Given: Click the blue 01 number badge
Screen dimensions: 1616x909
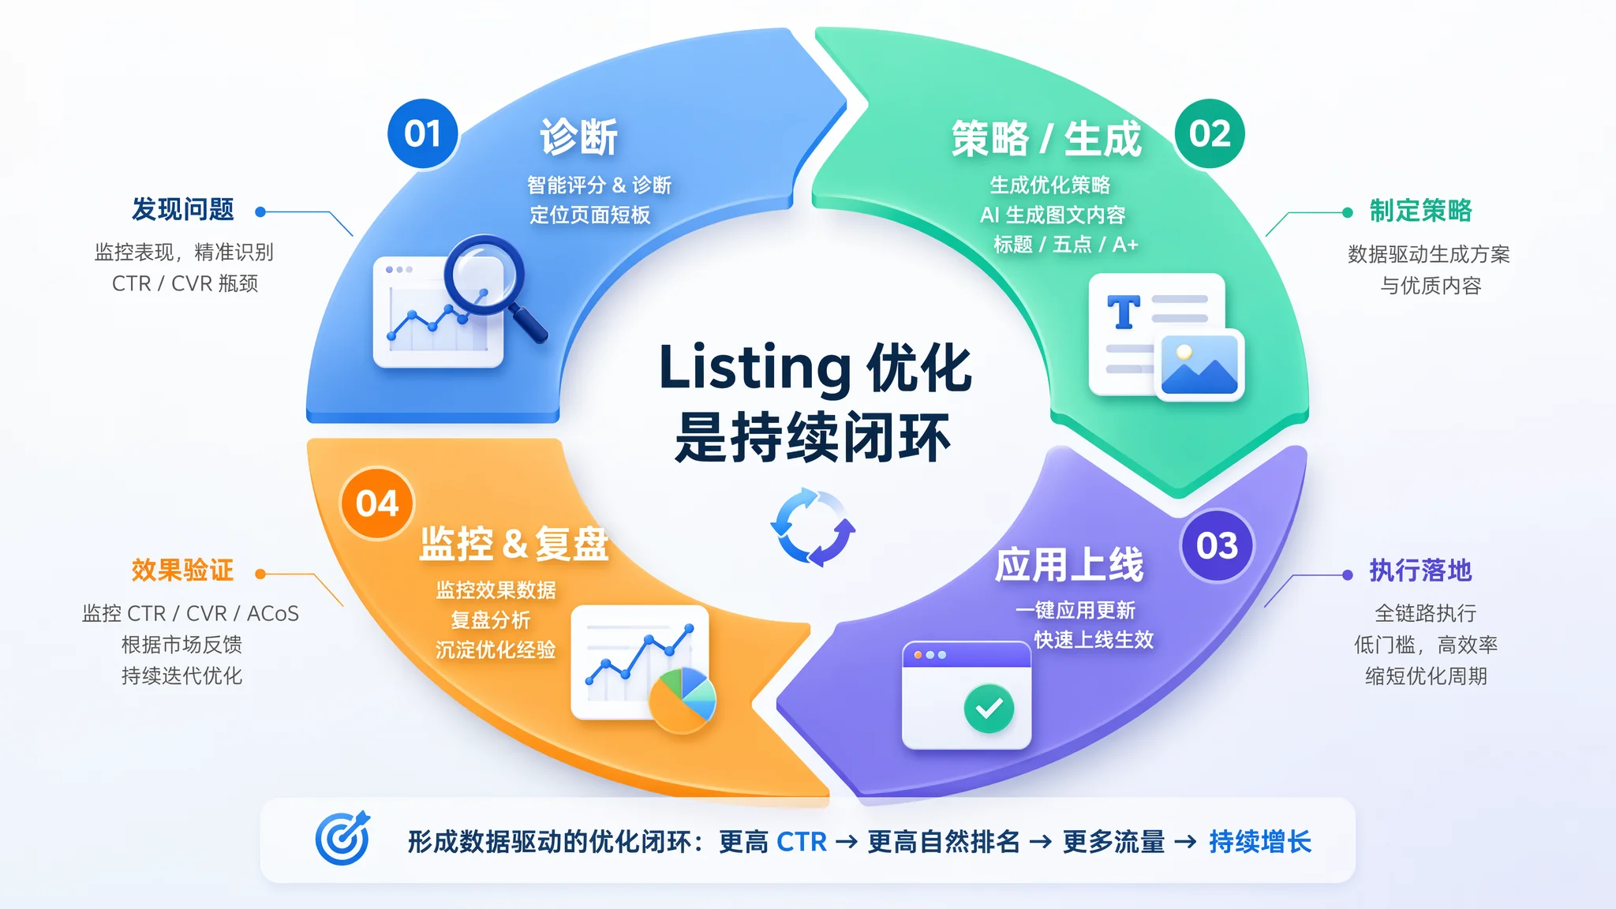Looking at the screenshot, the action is [423, 133].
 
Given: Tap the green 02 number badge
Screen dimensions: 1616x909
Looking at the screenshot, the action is [1210, 133].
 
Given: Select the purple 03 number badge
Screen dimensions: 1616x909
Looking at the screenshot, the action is [1217, 545].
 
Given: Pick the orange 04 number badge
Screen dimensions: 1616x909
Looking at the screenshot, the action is [377, 503].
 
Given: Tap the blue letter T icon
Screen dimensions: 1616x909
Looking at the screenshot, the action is [1124, 312].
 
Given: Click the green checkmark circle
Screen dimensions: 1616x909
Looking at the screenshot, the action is [989, 708].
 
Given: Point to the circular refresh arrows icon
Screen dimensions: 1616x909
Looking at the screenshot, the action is [813, 527].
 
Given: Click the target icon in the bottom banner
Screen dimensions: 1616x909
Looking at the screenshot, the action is [342, 838].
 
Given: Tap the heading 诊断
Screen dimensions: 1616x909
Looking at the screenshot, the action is [578, 137].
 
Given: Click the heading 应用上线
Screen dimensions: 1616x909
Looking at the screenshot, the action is [1069, 565].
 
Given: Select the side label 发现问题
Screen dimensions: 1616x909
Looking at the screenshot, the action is [183, 209].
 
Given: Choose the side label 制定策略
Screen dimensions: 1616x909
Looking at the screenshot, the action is [1421, 211].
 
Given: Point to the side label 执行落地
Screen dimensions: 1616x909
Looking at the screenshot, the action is [1421, 570].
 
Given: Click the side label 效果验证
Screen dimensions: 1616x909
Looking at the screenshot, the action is [183, 570].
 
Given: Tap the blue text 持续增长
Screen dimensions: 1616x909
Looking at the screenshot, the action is [1260, 842].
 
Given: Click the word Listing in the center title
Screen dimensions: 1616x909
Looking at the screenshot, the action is [755, 368].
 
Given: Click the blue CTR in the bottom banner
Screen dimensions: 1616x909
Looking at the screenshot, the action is [802, 842].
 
